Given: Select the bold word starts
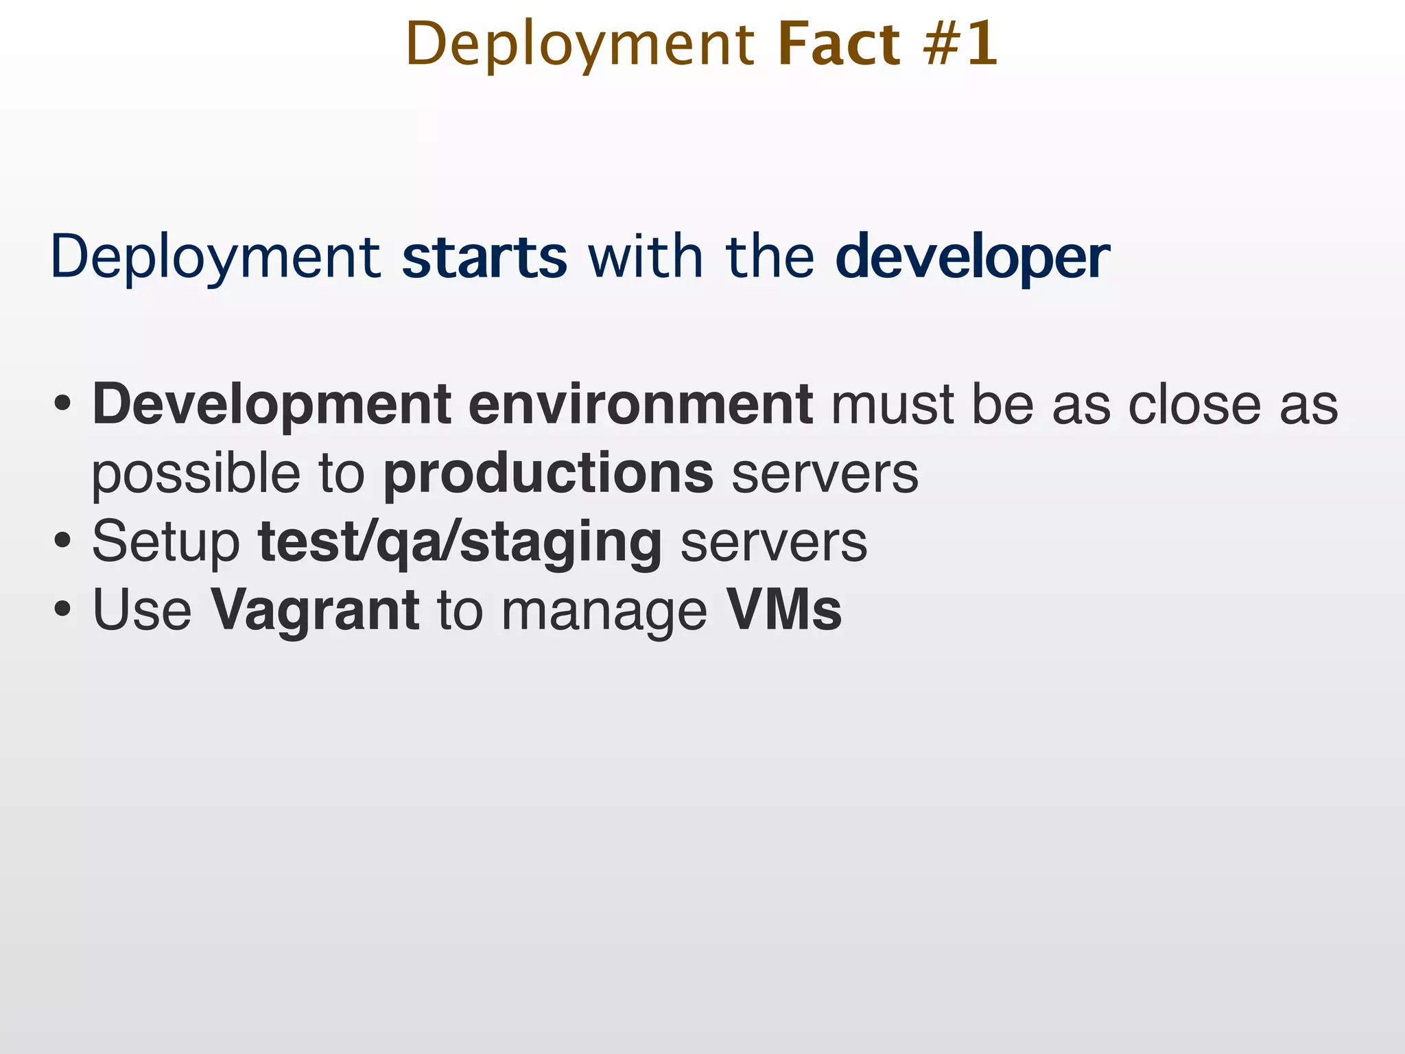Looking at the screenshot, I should (x=484, y=257).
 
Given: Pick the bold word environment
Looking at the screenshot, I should (x=641, y=405).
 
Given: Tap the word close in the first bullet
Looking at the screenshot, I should (x=1194, y=405).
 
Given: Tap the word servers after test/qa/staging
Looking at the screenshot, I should (x=774, y=543).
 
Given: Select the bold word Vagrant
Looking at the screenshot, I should (x=314, y=611).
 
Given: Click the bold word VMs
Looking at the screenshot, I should (x=783, y=610).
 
